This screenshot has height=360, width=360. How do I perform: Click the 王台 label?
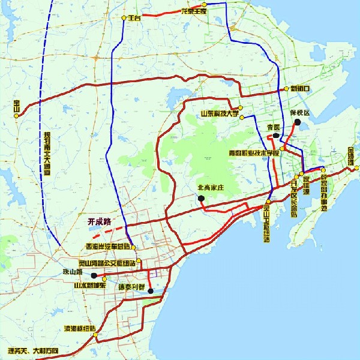point(134,19)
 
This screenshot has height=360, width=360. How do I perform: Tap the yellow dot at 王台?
point(124,18)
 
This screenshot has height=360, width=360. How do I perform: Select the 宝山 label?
point(16,108)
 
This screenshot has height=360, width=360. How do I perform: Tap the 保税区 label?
point(298,113)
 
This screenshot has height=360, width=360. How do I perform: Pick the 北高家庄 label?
point(210,188)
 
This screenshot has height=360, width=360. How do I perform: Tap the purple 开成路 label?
point(100,221)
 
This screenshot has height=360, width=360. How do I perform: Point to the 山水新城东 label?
point(89,286)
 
